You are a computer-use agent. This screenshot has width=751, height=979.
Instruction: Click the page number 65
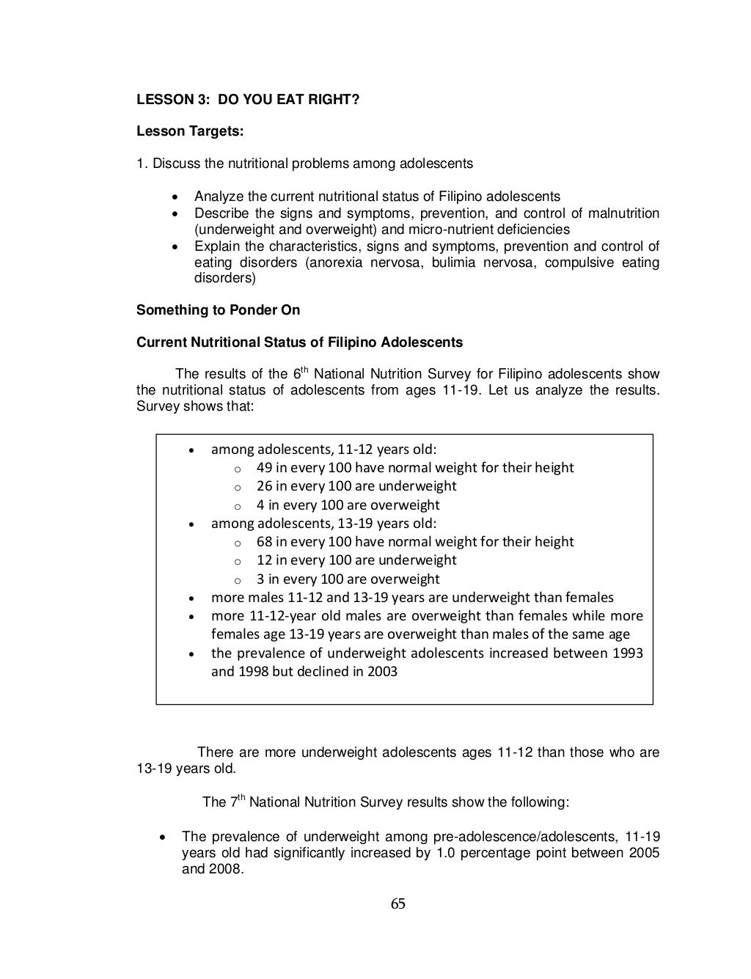coord(398,903)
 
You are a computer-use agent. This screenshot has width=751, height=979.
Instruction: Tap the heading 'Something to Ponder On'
coord(218,309)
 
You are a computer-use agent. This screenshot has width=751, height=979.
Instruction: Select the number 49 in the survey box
coord(264,468)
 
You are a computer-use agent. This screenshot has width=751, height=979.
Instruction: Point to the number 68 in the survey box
coord(264,542)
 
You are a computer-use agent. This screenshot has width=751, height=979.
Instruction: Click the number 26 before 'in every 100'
coord(264,486)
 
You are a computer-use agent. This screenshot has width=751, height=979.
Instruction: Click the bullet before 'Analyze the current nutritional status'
coord(174,197)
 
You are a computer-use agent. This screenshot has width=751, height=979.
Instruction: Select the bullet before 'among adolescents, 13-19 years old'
coord(191,524)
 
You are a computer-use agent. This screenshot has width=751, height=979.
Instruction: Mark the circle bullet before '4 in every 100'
coord(237,506)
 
